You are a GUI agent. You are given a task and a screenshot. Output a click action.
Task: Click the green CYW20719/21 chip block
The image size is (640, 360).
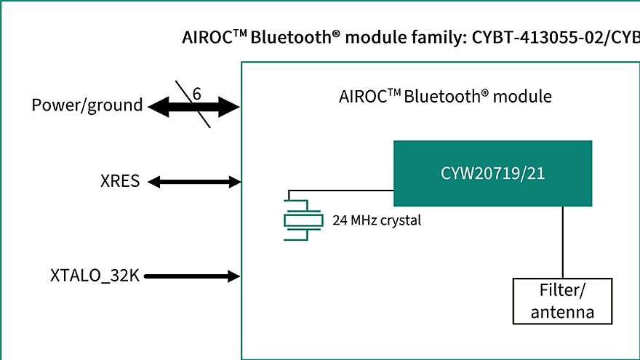click(x=492, y=173)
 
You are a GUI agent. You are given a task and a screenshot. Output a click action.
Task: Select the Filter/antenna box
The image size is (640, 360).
click(x=562, y=301)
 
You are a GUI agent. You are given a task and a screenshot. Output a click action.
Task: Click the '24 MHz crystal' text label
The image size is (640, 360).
click(x=376, y=220)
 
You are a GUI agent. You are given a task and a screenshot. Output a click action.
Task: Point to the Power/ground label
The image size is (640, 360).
click(x=87, y=105)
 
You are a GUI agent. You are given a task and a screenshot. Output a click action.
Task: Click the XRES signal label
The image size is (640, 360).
click(x=120, y=181)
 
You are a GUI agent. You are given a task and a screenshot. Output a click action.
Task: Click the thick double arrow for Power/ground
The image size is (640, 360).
click(x=193, y=108)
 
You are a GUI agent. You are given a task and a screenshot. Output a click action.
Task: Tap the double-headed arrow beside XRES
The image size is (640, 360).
click(x=193, y=181)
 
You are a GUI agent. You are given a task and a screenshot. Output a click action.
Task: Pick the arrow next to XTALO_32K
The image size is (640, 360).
click(x=193, y=276)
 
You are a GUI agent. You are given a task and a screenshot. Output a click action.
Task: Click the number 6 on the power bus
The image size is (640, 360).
click(x=197, y=93)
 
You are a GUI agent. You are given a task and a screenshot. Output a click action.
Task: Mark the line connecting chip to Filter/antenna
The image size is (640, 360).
click(x=564, y=241)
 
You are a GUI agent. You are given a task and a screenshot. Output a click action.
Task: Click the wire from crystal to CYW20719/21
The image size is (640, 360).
click(x=342, y=191)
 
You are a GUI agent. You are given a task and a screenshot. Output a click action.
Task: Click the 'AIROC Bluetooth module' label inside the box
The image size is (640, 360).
click(x=445, y=97)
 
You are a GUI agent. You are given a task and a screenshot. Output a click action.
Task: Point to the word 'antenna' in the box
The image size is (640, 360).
click(x=562, y=312)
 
